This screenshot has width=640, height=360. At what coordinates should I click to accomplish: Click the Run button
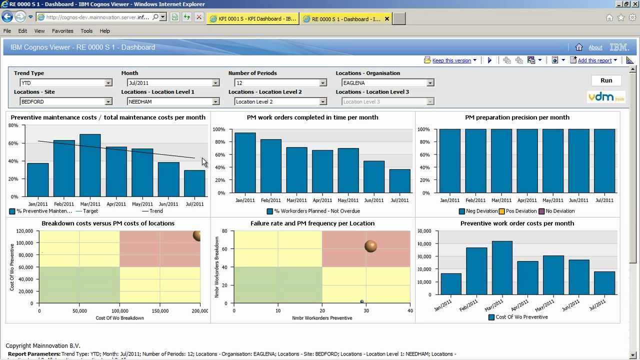pyautogui.click(x=606, y=80)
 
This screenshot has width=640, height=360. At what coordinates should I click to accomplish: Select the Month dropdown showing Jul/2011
pyautogui.click(x=173, y=83)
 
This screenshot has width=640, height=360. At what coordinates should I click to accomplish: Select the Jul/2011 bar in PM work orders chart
pyautogui.click(x=399, y=181)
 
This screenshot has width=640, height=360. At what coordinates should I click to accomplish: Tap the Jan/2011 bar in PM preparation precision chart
pyautogui.click(x=449, y=161)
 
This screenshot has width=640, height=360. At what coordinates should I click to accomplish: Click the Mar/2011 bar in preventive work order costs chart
pyautogui.click(x=502, y=268)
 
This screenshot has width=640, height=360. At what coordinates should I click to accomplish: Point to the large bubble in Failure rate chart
pyautogui.click(x=370, y=246)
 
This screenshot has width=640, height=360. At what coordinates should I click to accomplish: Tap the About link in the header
pyautogui.click(x=595, y=47)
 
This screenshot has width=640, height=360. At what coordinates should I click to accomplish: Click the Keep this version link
pyautogui.click(x=451, y=60)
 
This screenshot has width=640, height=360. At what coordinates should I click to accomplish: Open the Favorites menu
pyautogui.click(x=62, y=31)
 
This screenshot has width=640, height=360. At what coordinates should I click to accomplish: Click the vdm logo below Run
pyautogui.click(x=606, y=97)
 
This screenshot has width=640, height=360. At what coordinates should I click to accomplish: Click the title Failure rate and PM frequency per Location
pyautogui.click(x=312, y=223)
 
